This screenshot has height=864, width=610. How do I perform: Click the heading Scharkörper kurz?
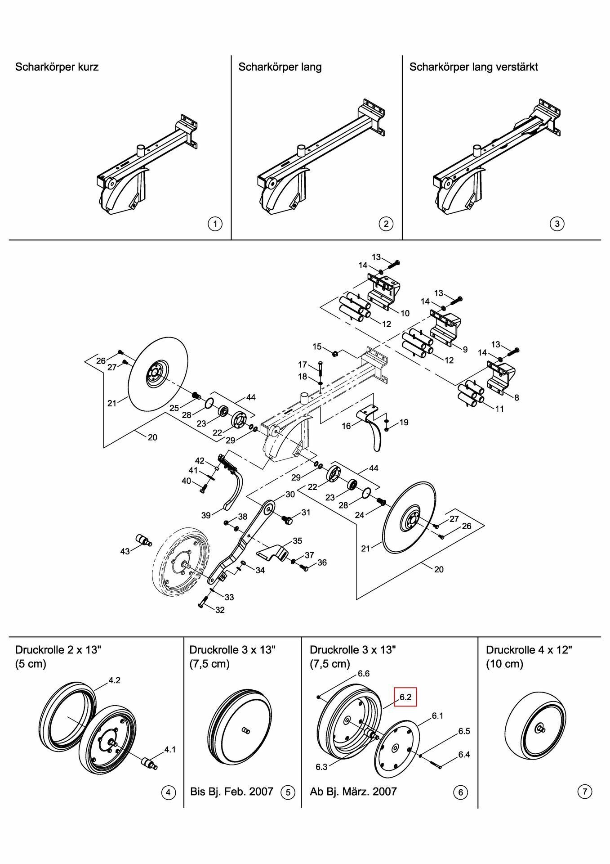[x=57, y=67]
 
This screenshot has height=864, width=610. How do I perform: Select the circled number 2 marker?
[x=386, y=224]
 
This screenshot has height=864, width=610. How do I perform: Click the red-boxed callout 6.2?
[x=405, y=697]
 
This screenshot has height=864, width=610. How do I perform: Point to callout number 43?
[x=125, y=551]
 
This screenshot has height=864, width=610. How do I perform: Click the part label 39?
[x=206, y=515]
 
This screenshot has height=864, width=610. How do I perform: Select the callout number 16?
[x=346, y=426]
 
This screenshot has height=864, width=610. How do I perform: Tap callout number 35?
[x=297, y=540]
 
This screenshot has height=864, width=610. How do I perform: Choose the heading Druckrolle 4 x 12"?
[x=529, y=650]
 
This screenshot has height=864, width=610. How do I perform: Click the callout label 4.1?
[x=170, y=749]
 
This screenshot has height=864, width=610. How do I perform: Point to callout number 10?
[x=405, y=313]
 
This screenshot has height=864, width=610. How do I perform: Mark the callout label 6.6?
[x=364, y=674]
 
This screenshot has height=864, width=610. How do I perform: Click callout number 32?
[x=220, y=610]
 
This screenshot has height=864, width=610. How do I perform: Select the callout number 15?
[x=317, y=346]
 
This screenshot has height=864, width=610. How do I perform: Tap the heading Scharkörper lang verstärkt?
[x=473, y=67]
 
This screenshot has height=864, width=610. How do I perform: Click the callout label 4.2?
[x=114, y=680]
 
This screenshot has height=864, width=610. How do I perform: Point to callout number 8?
[x=516, y=397]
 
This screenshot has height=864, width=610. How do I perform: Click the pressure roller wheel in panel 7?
[x=533, y=729]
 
